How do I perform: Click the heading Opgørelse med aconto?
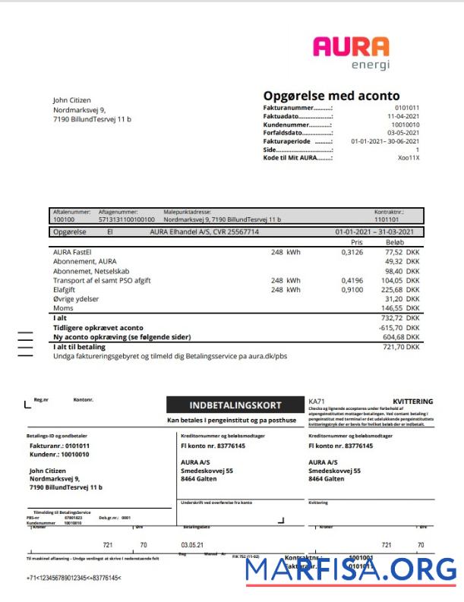[331, 96]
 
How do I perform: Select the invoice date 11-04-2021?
[402, 116]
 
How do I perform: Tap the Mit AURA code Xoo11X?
[409, 158]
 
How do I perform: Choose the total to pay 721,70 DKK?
[400, 346]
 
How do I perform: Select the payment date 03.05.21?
[193, 545]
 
